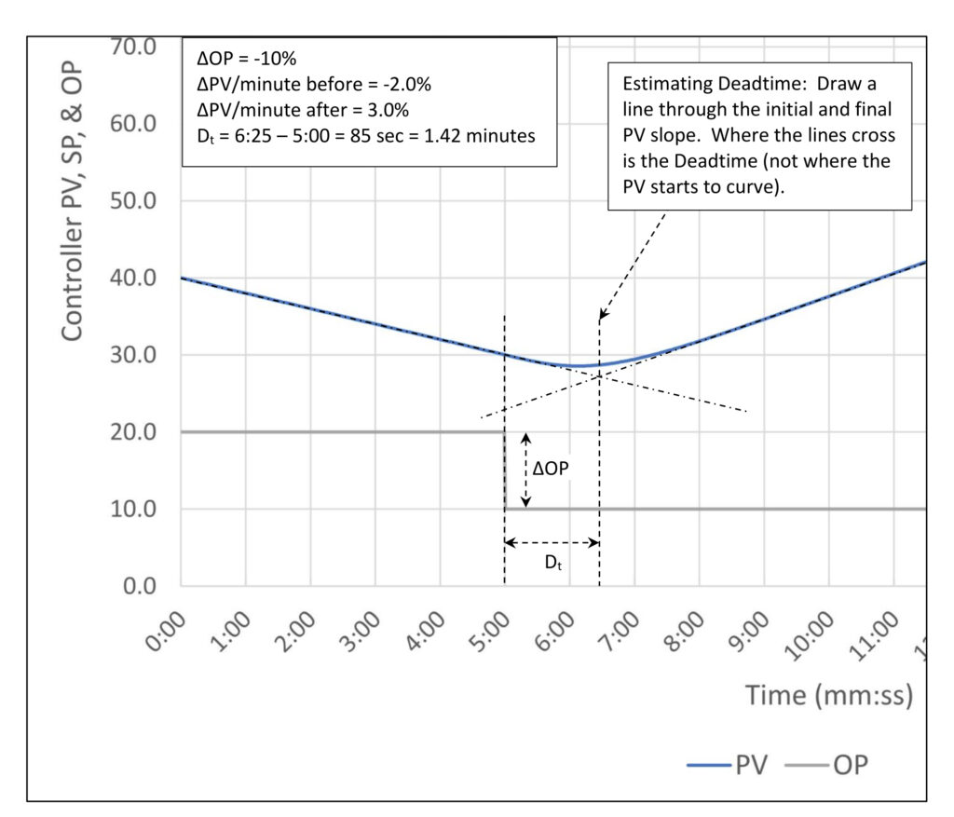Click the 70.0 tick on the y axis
(x=135, y=47)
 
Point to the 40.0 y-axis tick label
(x=135, y=278)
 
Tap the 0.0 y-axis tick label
(x=143, y=586)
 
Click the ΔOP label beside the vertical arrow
(x=550, y=470)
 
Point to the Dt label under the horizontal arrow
(x=552, y=565)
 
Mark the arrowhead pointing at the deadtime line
(x=602, y=315)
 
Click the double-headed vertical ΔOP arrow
(x=525, y=470)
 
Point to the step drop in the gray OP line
(x=505, y=470)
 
